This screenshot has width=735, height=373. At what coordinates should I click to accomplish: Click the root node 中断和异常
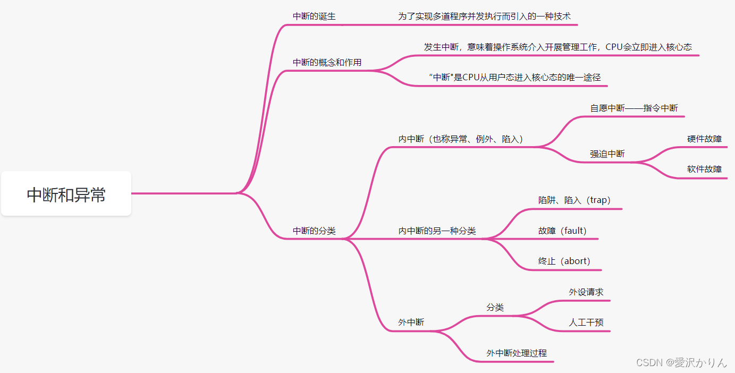[x=66, y=194]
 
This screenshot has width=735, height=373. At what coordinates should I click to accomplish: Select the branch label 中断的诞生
[x=314, y=16]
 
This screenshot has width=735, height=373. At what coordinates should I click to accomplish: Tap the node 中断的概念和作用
[x=327, y=63]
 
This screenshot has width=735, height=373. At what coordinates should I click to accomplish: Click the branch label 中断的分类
[x=314, y=231]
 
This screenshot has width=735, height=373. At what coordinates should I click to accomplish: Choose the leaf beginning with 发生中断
[x=557, y=47]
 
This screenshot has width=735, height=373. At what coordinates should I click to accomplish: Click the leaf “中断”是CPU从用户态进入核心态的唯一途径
[x=514, y=78]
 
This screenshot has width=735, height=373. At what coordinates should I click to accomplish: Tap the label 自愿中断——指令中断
[x=634, y=108]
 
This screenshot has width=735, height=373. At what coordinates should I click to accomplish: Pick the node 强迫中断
[x=607, y=154]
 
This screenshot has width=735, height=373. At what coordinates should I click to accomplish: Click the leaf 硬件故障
[x=704, y=139]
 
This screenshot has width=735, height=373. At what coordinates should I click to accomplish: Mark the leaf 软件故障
[x=704, y=169]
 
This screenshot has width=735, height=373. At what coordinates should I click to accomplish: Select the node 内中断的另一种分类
[x=437, y=231]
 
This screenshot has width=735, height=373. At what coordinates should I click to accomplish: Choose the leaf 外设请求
[x=586, y=292]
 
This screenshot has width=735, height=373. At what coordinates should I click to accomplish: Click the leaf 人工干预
[x=586, y=323]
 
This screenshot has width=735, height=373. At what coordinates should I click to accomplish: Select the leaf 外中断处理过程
[x=517, y=353]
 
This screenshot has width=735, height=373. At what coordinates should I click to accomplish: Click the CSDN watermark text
[x=681, y=363]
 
